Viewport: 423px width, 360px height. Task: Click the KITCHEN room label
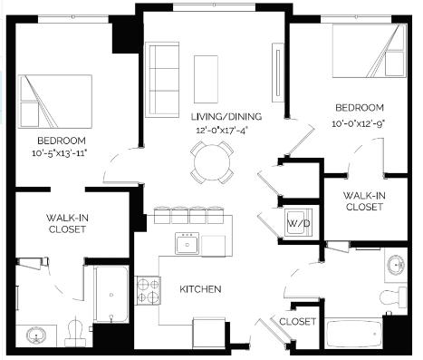[200, 289]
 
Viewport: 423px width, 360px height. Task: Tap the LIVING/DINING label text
[226, 116]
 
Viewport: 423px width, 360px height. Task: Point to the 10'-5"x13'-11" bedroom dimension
[60, 153]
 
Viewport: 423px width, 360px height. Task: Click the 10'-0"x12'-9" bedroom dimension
[360, 123]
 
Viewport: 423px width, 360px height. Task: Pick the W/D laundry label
[299, 224]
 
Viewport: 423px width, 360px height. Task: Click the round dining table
[212, 162]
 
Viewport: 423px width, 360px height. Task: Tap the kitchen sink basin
[187, 243]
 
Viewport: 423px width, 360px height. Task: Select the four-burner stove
[148, 290]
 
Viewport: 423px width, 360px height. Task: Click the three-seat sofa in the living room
[162, 80]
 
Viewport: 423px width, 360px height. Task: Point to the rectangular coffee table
[206, 79]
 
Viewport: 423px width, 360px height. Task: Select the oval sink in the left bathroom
[36, 336]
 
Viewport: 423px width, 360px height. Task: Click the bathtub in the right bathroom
[354, 334]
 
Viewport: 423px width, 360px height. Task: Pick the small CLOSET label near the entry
[298, 321]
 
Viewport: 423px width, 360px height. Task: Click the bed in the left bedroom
[55, 102]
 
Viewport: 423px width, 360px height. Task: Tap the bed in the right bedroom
[370, 51]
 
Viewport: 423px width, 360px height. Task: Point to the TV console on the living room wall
[278, 73]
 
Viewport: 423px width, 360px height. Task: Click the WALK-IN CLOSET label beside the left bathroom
[67, 223]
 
